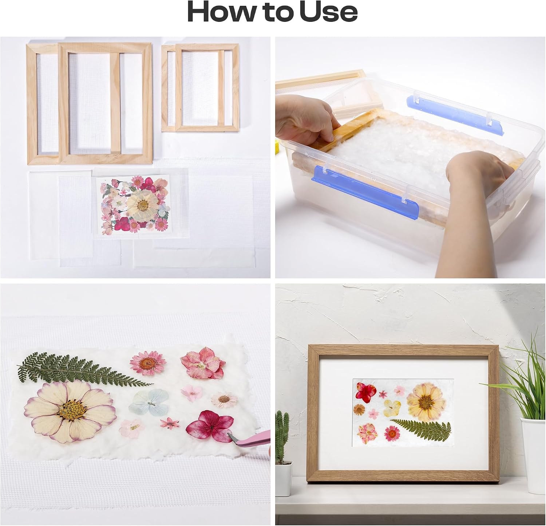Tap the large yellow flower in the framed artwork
(x=424, y=400)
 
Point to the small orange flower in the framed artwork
(x=359, y=410)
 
